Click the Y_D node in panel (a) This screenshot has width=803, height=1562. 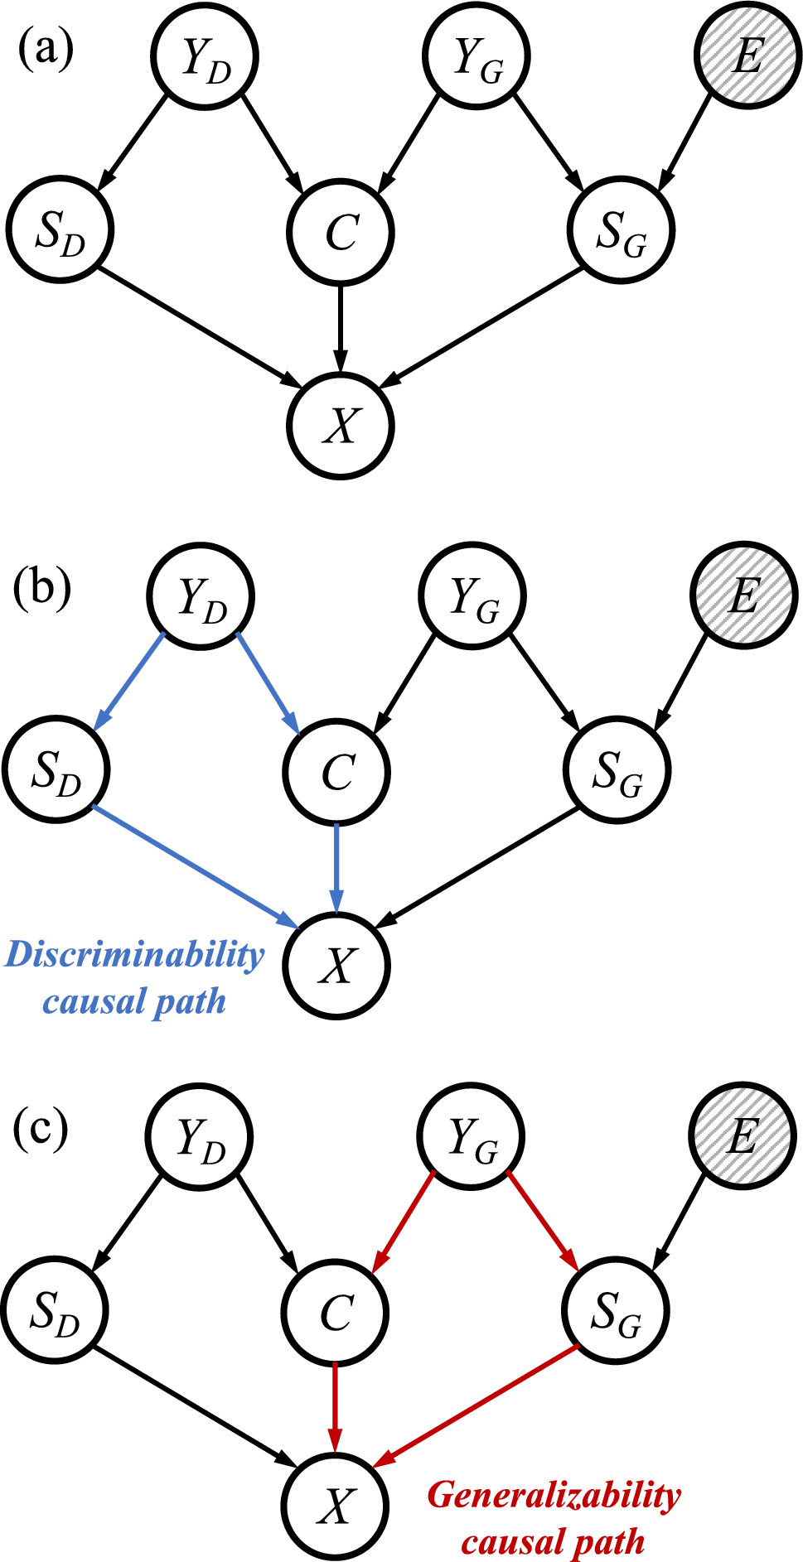(x=204, y=56)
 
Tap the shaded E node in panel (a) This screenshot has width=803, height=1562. (x=747, y=56)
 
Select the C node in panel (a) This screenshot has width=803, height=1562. (x=341, y=231)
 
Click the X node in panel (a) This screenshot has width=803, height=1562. (x=339, y=426)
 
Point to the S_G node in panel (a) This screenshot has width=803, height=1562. (x=622, y=231)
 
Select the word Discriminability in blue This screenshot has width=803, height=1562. (x=134, y=954)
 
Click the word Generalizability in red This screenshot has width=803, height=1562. (x=554, y=1495)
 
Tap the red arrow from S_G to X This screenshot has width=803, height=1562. (x=476, y=1406)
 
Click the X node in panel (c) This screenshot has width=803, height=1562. (x=335, y=1505)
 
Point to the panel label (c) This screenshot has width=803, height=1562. (x=41, y=1128)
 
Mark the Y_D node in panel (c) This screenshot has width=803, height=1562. (x=199, y=1136)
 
